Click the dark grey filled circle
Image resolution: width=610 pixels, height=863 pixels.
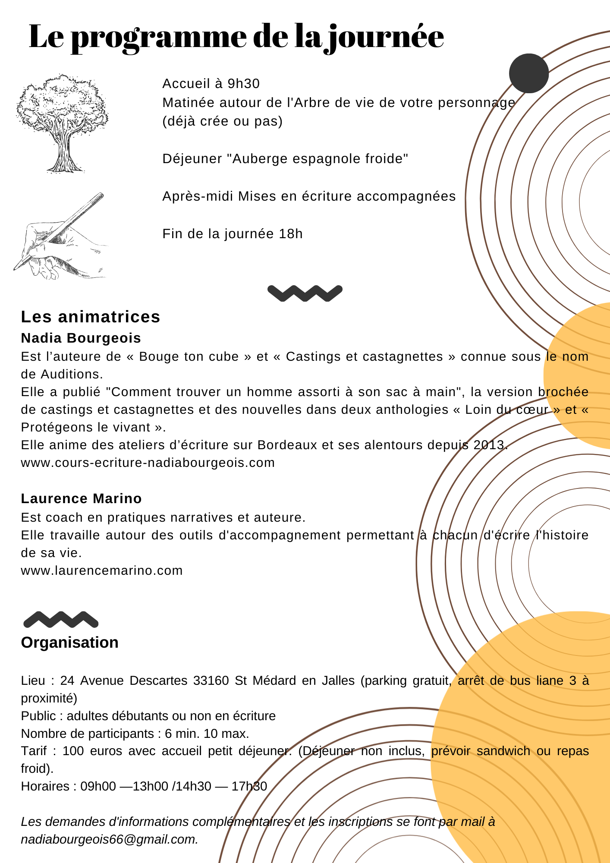(528, 73)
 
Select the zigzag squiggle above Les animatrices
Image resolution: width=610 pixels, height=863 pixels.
(305, 293)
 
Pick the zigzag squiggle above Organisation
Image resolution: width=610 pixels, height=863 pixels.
(61, 619)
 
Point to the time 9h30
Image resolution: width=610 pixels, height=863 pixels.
(243, 84)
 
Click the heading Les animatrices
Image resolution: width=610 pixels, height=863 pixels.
(91, 317)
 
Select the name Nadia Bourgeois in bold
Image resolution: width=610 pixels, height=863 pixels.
(81, 338)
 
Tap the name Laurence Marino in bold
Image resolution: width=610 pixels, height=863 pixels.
(81, 498)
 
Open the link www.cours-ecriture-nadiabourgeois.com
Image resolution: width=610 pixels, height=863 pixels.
(148, 463)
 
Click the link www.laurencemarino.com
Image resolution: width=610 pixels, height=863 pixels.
(102, 570)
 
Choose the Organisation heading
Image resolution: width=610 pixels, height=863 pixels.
(70, 643)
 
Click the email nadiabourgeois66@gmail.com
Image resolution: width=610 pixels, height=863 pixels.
(109, 839)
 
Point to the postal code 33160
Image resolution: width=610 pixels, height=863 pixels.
(211, 680)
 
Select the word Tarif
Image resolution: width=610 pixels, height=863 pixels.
(34, 751)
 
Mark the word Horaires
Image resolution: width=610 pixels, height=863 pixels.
(45, 786)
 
